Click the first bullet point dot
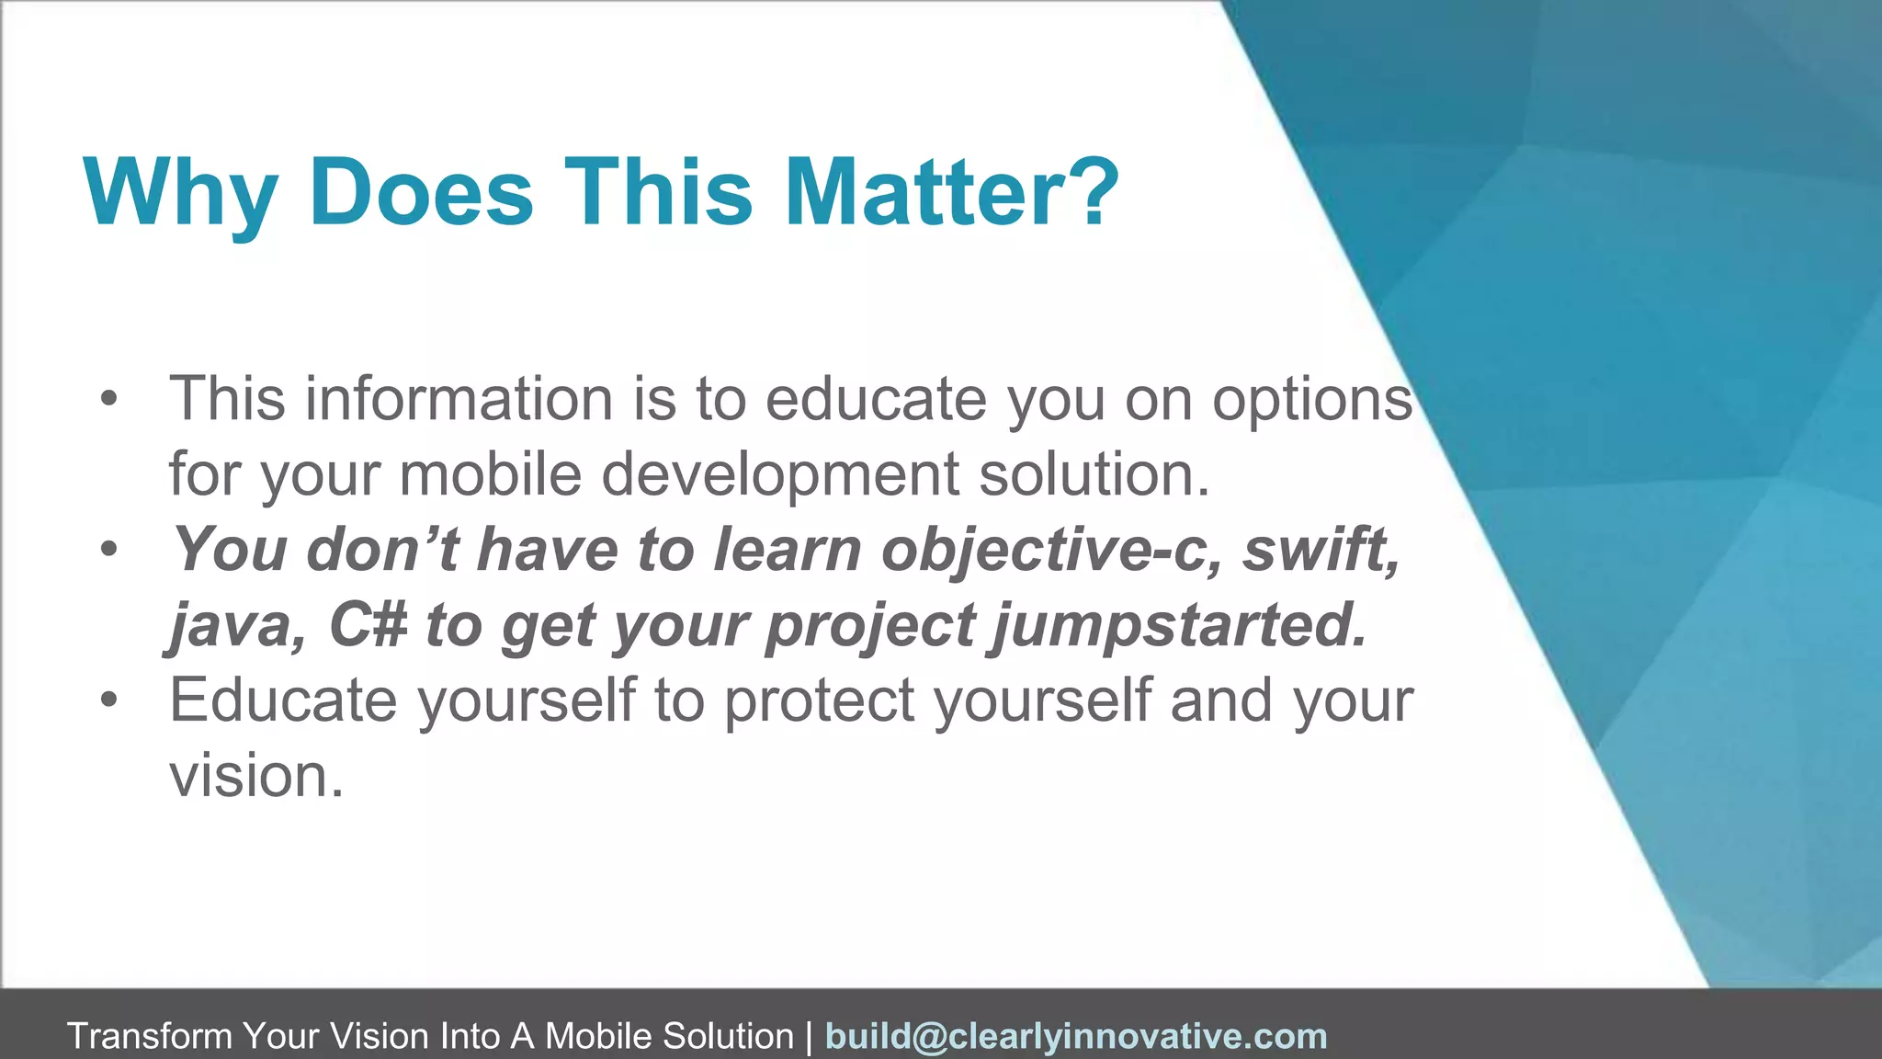coord(109,399)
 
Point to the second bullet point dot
coord(109,550)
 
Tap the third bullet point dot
coord(109,700)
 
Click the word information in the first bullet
coord(459,399)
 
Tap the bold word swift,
coord(1321,550)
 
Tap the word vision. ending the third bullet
coord(256,776)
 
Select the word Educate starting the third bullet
coord(283,700)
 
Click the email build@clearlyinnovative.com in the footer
coord(1076,1036)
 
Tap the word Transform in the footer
coord(150,1036)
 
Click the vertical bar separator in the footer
coord(809,1036)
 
